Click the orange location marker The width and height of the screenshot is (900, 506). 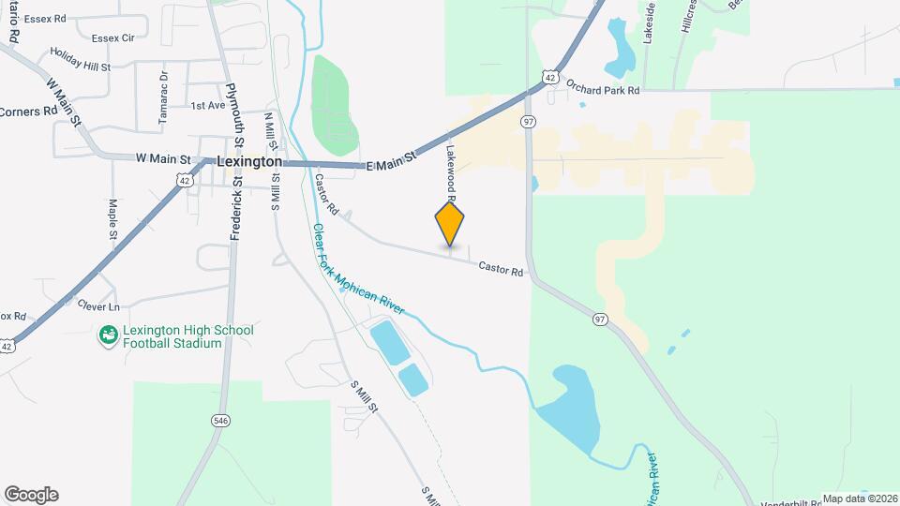click(450, 224)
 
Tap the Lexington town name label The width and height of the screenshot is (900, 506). click(249, 161)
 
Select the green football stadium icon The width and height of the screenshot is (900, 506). click(109, 335)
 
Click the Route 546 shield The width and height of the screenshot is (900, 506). click(220, 420)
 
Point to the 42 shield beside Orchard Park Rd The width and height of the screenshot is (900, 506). click(550, 77)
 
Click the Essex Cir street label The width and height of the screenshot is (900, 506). click(114, 37)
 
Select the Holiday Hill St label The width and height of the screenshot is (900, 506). click(81, 67)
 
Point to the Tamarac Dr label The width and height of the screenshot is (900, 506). click(163, 98)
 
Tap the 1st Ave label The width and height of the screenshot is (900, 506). click(207, 106)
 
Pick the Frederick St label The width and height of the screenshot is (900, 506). click(236, 212)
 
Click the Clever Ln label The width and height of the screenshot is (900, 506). click(100, 306)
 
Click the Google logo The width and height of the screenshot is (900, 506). click(31, 495)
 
